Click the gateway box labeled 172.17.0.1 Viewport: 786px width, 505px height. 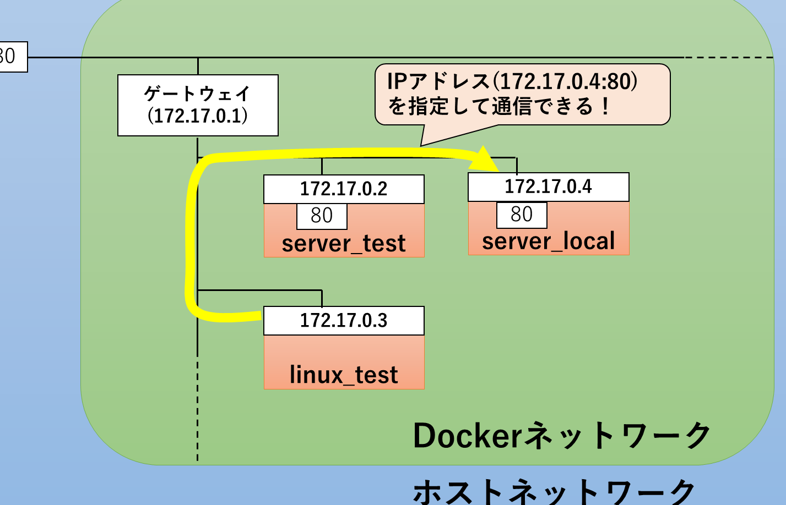tap(198, 106)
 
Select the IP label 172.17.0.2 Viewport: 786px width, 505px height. tap(344, 189)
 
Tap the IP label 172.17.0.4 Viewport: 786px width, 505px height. tap(548, 187)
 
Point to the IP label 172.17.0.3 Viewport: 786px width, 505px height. tap(344, 321)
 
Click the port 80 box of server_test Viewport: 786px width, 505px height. tap(322, 216)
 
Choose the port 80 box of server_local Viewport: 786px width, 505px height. tap(522, 215)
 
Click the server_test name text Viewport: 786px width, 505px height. tap(344, 244)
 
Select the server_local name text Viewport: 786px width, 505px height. tap(548, 241)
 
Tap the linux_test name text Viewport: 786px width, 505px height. tap(344, 375)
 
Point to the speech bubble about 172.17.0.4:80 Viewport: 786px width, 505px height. tap(522, 94)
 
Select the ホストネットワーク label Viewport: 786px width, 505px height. tap(554, 491)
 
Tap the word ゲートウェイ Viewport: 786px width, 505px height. tap(198, 94)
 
